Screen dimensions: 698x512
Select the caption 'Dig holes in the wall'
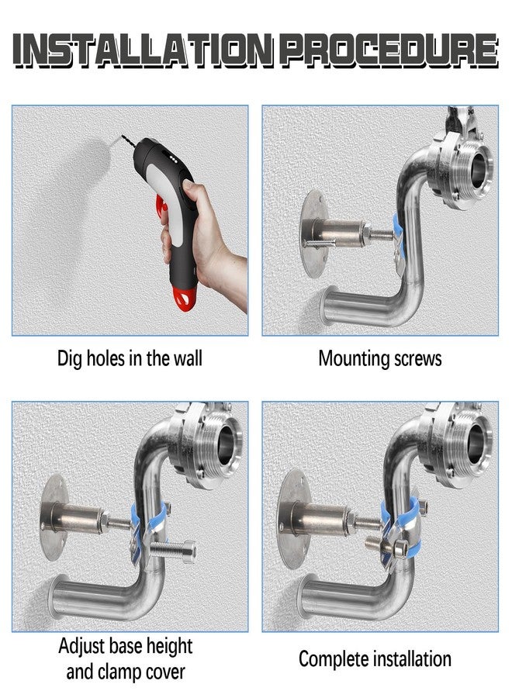pos(130,358)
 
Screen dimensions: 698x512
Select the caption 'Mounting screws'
pos(380,358)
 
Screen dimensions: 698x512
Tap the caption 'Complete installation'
pos(375,659)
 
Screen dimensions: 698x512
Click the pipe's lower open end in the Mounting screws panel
pos(333,305)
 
